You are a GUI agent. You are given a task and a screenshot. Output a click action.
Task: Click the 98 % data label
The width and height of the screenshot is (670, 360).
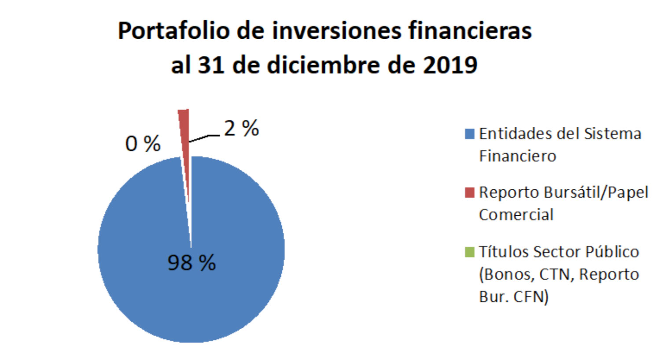(191, 263)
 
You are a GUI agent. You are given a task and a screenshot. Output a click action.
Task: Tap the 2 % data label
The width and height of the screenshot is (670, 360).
(241, 129)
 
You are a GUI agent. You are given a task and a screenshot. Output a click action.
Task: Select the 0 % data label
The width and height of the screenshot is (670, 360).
(143, 144)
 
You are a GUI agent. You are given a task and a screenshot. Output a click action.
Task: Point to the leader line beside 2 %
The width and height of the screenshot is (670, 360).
(204, 138)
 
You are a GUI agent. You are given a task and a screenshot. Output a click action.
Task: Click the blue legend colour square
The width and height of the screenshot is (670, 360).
(470, 133)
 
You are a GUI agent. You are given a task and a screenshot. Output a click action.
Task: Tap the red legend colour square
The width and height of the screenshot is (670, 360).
(470, 192)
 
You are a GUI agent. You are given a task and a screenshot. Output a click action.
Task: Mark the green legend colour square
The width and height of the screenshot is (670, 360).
(470, 252)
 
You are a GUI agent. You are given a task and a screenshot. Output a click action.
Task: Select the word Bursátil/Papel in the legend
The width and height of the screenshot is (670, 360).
(596, 192)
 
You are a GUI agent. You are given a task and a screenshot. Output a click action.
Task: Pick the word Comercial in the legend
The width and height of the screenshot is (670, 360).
(516, 215)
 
